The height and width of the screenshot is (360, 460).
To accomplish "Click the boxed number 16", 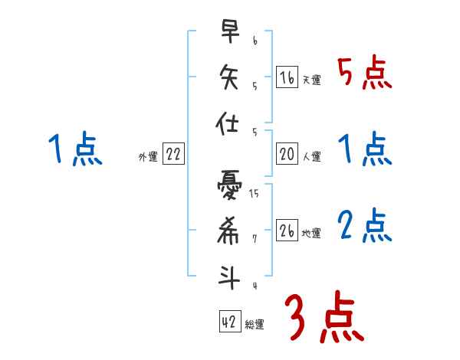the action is pyautogui.click(x=287, y=78).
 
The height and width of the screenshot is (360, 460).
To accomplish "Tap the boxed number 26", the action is pyautogui.click(x=287, y=231).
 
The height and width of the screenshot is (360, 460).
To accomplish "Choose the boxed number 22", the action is pyautogui.click(x=173, y=155).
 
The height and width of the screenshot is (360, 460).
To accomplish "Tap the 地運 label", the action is pyautogui.click(x=311, y=234).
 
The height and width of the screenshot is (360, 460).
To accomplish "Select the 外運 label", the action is pyautogui.click(x=148, y=157).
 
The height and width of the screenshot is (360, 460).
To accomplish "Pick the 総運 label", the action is pyautogui.click(x=255, y=324).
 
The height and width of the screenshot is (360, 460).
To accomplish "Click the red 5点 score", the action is pyautogui.click(x=365, y=74).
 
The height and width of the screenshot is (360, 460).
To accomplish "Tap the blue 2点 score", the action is pyautogui.click(x=365, y=225).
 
